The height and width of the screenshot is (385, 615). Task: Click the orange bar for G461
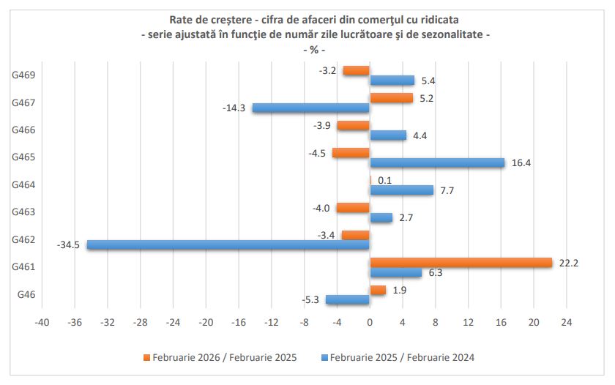461,263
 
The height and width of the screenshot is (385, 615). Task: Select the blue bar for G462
228,244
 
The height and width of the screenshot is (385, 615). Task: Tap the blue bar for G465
437,162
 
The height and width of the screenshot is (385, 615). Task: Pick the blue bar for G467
311,108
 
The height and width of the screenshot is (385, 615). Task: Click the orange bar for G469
357,70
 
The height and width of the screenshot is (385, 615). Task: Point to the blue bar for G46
348,299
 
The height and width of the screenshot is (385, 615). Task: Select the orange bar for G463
353,208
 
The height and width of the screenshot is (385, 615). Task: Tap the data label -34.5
68,245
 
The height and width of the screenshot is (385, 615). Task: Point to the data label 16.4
520,162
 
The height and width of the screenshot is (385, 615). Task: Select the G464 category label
25,184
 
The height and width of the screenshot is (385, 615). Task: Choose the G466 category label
25,130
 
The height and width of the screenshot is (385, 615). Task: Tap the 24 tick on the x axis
566,322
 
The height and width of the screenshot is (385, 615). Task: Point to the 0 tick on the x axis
370,322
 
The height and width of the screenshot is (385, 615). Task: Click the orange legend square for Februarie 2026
146,358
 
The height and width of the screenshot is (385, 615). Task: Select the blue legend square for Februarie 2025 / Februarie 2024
324,358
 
